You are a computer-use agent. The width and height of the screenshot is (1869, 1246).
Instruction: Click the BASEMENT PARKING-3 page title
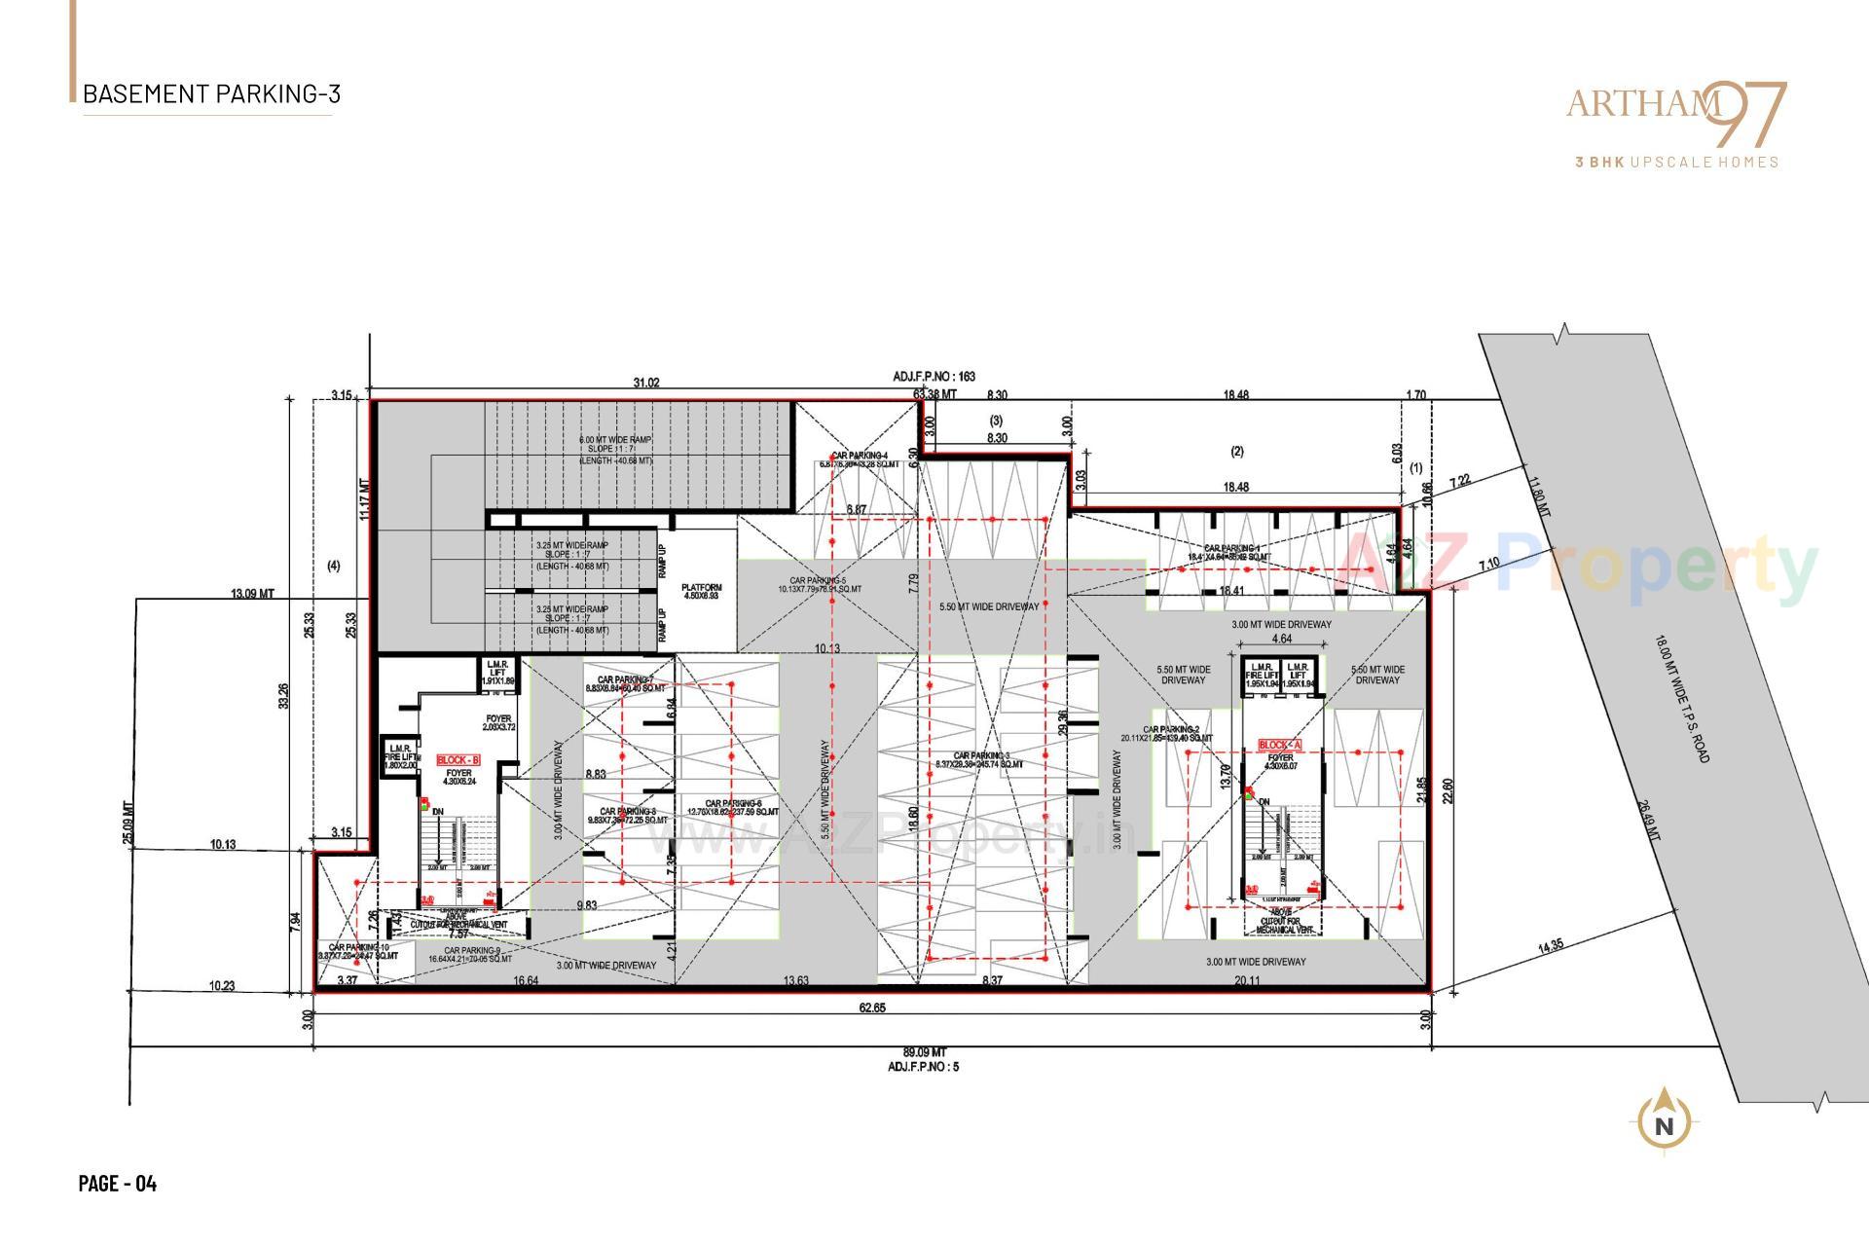(211, 94)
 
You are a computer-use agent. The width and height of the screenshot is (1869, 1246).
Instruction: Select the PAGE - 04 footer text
(117, 1183)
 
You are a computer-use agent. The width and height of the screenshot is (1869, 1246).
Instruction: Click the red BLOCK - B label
(458, 760)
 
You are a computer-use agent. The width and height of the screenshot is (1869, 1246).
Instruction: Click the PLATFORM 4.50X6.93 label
(701, 591)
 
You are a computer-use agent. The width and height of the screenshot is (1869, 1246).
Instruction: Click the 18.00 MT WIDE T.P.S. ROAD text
(1695, 698)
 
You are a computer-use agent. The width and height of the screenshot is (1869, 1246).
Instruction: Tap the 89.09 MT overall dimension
(924, 1052)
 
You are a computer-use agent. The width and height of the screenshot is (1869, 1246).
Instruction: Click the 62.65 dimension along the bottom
(871, 1008)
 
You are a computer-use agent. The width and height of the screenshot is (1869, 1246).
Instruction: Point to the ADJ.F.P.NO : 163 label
(934, 376)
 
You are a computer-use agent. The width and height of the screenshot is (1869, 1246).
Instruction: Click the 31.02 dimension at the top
(645, 383)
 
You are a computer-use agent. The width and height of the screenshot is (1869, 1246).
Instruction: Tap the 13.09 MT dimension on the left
(251, 593)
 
